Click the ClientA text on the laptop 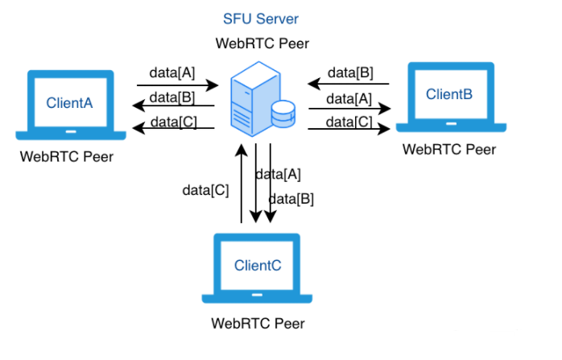click(69, 103)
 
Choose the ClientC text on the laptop click(258, 265)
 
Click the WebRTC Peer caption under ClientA click(67, 156)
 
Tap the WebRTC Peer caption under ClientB click(448, 149)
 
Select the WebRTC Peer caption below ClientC click(258, 324)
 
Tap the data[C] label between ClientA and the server click(172, 122)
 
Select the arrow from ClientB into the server click(348, 83)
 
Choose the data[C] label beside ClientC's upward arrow click(205, 191)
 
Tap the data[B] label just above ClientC click(291, 198)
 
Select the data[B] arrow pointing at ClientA click(172, 106)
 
